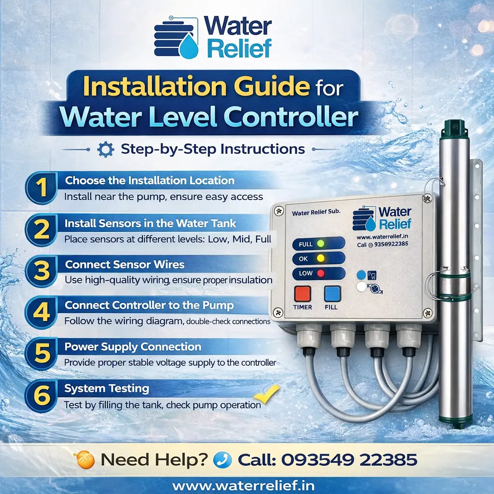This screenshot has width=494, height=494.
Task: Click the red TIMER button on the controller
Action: tap(302, 294)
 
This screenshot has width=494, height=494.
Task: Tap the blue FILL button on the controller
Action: tap(333, 294)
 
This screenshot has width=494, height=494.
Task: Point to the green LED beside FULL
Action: tap(320, 244)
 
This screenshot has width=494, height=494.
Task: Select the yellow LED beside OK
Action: tap(320, 259)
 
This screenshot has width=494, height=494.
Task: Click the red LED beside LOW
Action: tap(320, 274)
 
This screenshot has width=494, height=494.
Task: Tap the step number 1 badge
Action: tap(43, 188)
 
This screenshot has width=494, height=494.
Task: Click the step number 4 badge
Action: tap(43, 312)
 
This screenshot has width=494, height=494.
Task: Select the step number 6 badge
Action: tap(43, 397)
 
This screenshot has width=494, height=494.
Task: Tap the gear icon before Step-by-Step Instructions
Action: tap(105, 149)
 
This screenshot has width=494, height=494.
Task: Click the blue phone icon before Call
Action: tap(222, 459)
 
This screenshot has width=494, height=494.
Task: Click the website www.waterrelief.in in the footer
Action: tap(247, 484)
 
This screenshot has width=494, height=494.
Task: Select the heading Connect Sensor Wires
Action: tap(124, 265)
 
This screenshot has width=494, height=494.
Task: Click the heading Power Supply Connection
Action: tap(133, 347)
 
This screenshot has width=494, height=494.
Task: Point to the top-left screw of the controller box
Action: tap(278, 211)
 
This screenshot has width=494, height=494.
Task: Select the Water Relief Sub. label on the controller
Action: tap(316, 212)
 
